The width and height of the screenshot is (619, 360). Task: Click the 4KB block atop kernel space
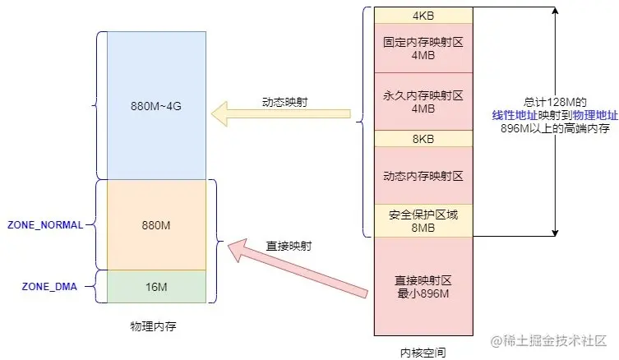[x=423, y=16]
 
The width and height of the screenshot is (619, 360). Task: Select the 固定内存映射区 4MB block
[x=423, y=48]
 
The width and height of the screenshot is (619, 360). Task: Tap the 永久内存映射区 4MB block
[x=423, y=100]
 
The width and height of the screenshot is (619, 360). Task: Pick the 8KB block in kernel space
[x=423, y=139]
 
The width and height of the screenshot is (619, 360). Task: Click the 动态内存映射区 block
[x=423, y=175]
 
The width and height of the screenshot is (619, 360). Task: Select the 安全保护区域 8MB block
[x=423, y=220]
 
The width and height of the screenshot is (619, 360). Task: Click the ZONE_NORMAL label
[x=45, y=224]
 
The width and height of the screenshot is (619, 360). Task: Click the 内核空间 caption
[x=423, y=352]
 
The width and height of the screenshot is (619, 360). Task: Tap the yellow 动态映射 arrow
[x=279, y=115]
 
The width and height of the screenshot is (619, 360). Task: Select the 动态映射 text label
[x=280, y=102]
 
